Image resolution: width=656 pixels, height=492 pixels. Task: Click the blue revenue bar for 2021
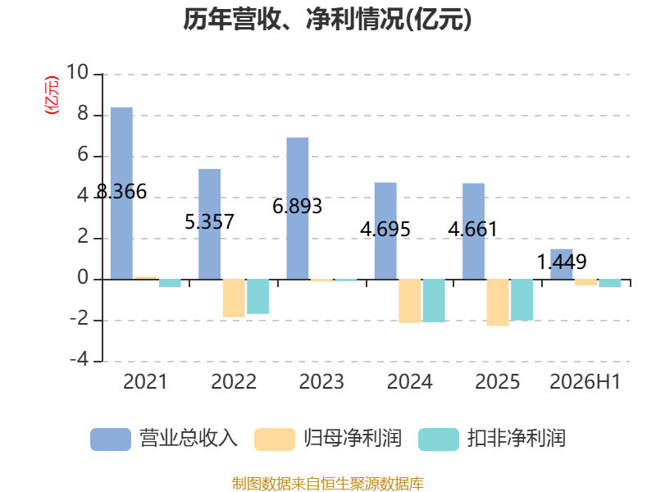point(121,194)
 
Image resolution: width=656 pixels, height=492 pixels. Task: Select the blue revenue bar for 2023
point(298,208)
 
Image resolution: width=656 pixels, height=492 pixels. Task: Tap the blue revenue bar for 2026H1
point(562,264)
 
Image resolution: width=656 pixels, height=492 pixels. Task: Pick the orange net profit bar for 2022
point(234,298)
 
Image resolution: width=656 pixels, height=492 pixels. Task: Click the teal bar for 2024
point(434,300)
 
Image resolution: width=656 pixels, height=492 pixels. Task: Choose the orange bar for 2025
point(498,302)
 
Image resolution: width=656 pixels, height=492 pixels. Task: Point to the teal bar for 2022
point(257,296)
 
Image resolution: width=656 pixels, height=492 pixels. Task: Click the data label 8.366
point(121,192)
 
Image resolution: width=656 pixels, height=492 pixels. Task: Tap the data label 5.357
point(210,221)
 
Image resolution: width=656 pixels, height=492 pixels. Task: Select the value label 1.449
point(562,262)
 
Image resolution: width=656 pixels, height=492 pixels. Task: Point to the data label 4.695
point(385,230)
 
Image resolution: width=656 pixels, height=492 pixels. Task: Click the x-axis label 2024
point(409,381)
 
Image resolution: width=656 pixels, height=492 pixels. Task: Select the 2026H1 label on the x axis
point(585,381)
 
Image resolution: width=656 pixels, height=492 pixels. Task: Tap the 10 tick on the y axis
point(77,72)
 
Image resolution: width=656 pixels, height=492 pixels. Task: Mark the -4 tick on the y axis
point(79,360)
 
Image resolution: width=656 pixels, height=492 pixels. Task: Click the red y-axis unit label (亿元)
point(52,95)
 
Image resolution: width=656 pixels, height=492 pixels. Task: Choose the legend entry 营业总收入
point(164,439)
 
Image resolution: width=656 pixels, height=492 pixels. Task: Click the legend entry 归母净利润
point(328,439)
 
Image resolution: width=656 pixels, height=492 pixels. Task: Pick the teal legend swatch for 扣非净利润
point(439,440)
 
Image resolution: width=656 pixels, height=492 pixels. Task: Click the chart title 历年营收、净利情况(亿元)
point(327,19)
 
